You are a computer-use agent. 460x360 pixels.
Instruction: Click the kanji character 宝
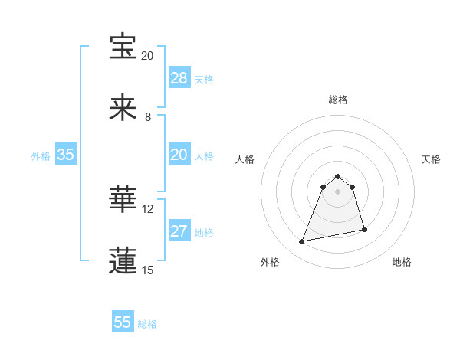click(x=123, y=47)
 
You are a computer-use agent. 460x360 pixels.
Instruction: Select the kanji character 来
click(x=123, y=108)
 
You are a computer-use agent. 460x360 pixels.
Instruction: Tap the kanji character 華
click(x=123, y=199)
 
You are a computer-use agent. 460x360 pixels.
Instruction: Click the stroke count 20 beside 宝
click(x=147, y=56)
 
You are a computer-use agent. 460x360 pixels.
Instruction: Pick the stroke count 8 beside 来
click(x=147, y=117)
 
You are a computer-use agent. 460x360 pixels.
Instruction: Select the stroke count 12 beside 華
click(x=147, y=208)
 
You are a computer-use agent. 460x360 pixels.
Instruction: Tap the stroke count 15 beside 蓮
click(x=147, y=270)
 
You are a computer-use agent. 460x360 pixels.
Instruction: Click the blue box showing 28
click(x=179, y=78)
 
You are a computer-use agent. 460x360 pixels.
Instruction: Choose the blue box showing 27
click(x=179, y=231)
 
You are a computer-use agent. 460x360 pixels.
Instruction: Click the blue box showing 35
click(x=66, y=155)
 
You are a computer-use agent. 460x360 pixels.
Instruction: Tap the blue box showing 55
click(x=123, y=322)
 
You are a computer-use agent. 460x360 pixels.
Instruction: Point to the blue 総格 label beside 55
click(x=147, y=324)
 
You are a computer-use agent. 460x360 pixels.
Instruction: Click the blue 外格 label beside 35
click(x=41, y=156)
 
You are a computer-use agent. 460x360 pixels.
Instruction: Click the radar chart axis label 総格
click(x=338, y=100)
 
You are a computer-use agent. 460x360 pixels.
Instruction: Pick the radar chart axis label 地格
click(x=402, y=262)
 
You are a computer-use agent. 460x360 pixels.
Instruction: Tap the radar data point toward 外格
click(x=302, y=242)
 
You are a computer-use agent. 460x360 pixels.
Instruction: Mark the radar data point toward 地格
click(x=364, y=229)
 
